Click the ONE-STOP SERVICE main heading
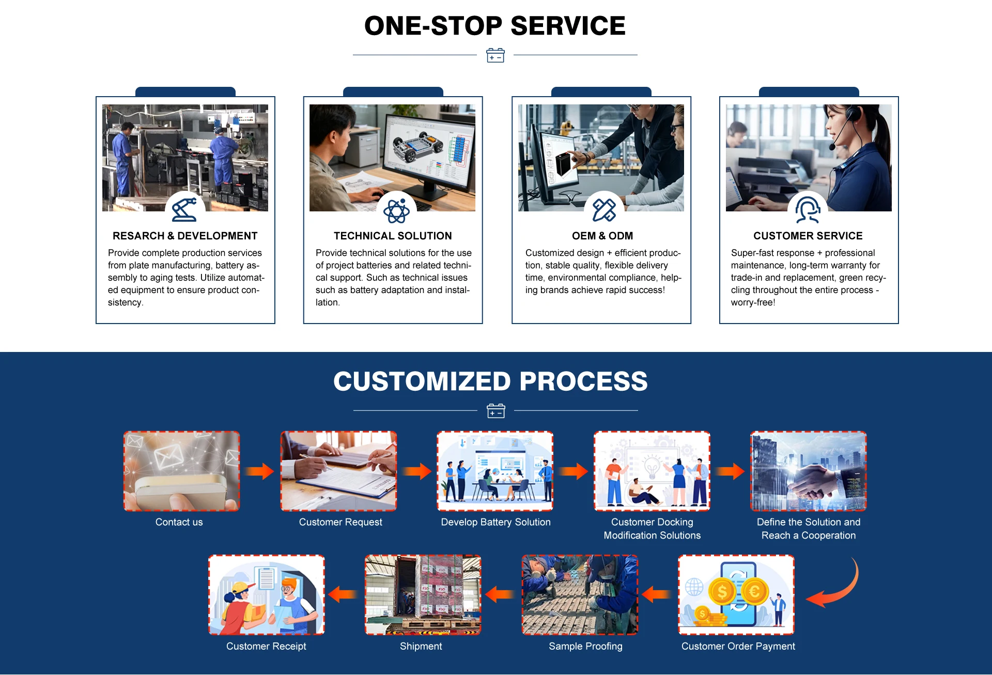click(x=494, y=26)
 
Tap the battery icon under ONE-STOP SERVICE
click(x=495, y=55)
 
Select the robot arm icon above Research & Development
click(x=184, y=209)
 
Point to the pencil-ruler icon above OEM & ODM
click(x=604, y=210)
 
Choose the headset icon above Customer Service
click(x=808, y=209)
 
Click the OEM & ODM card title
click(x=602, y=236)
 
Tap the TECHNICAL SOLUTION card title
click(x=393, y=236)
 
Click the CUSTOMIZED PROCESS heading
click(x=490, y=381)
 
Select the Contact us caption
click(x=179, y=522)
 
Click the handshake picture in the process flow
click(x=808, y=471)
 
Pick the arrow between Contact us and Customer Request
click(x=260, y=471)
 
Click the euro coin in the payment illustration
click(x=754, y=591)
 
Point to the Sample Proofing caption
click(x=585, y=646)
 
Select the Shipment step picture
click(x=423, y=595)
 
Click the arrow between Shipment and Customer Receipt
click(x=343, y=594)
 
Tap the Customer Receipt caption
click(x=266, y=646)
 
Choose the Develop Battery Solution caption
click(x=495, y=522)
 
